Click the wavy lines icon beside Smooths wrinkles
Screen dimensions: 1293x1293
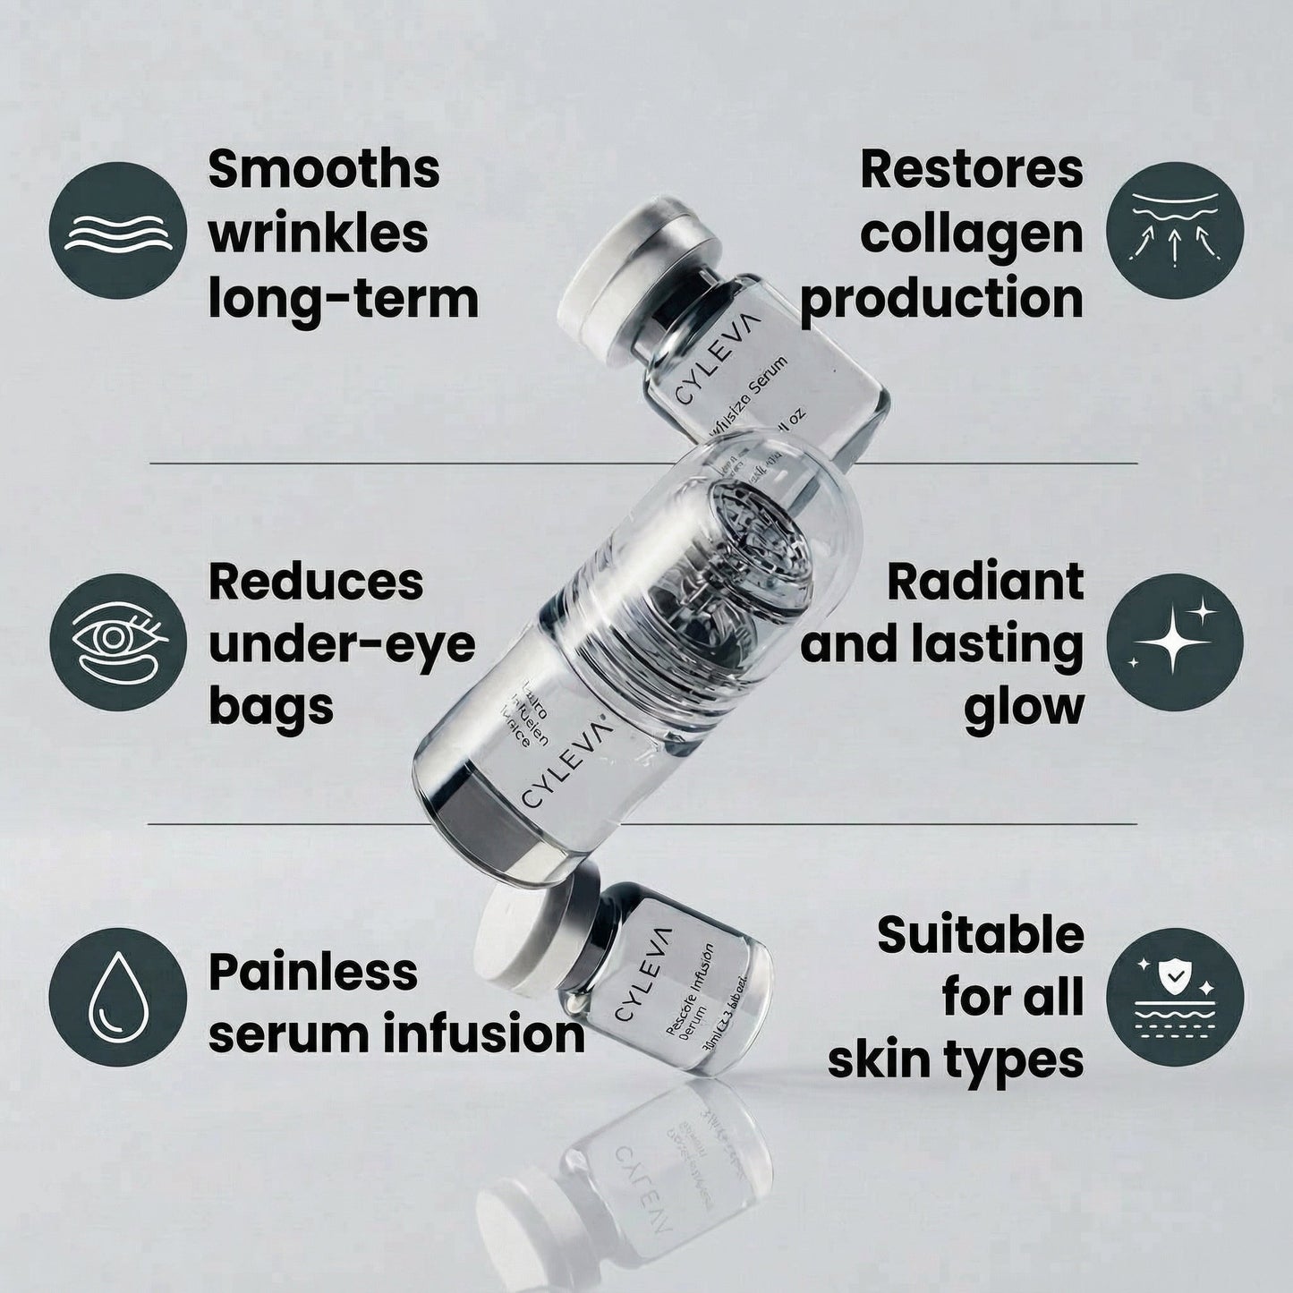tap(117, 231)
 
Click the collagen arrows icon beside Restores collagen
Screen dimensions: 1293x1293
tap(1174, 231)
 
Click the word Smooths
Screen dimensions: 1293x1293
tap(324, 169)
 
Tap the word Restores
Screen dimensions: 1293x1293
tap(971, 169)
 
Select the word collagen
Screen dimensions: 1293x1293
tap(971, 234)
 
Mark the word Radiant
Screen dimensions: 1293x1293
tap(984, 582)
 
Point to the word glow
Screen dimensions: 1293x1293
tap(1024, 707)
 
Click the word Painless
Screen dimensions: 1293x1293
tap(312, 972)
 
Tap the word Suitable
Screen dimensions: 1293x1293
tap(980, 935)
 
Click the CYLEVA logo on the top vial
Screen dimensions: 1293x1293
tap(716, 358)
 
